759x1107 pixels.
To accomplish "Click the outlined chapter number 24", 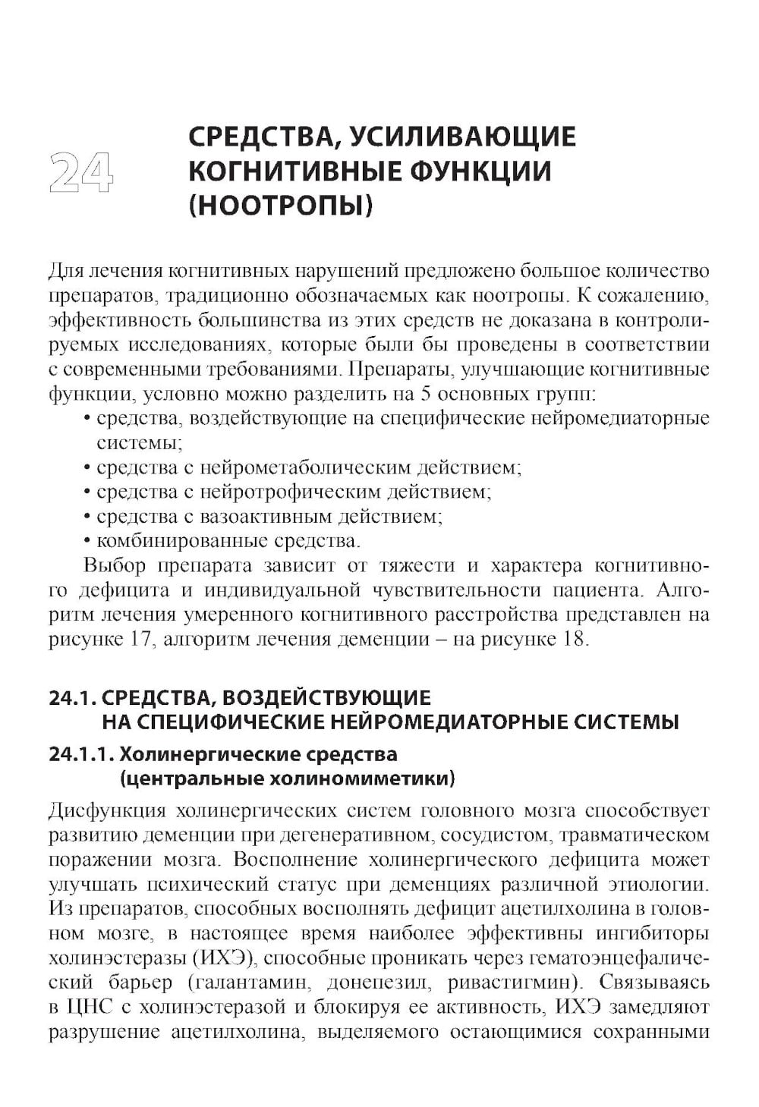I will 80,171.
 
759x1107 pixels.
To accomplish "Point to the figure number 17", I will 132,639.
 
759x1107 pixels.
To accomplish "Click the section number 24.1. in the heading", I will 71,698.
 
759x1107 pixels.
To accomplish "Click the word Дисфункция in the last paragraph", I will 106,811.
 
